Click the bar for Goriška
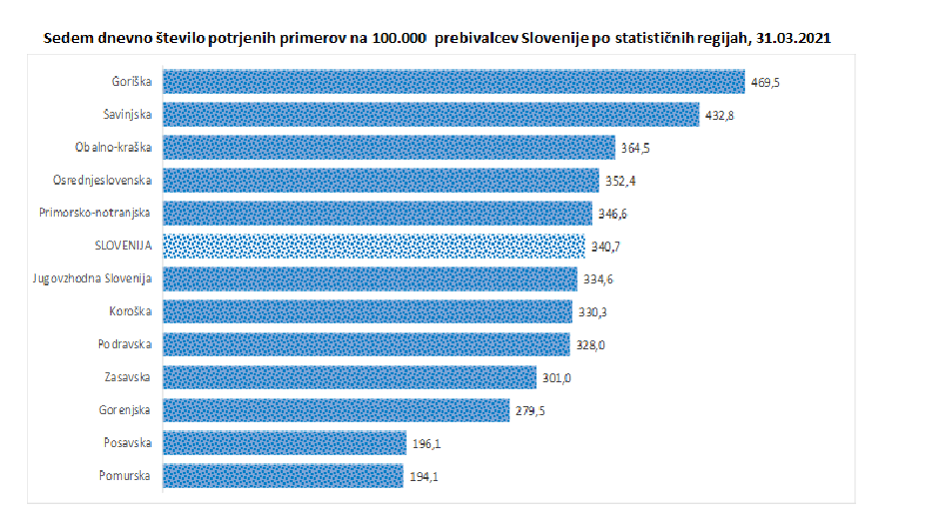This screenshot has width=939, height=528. point(453,82)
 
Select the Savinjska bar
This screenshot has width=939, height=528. point(430,115)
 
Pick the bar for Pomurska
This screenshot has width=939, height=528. point(283,476)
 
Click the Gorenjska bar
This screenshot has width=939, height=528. point(336,410)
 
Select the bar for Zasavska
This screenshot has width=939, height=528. point(349,377)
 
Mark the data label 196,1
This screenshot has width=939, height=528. point(426,444)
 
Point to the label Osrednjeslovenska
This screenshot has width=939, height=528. point(102,181)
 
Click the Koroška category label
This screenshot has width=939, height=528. point(130,311)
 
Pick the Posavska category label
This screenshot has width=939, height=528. point(128,443)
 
